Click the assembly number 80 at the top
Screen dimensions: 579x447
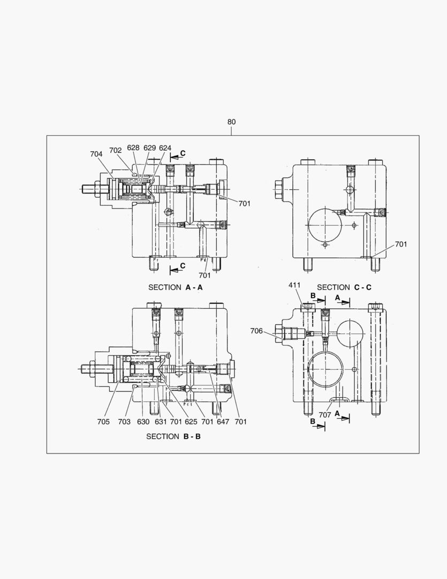pyautogui.click(x=231, y=122)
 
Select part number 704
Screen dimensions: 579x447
pyautogui.click(x=96, y=154)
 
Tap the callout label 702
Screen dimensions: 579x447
pyautogui.click(x=116, y=151)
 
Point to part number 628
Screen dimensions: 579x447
pyautogui.click(x=134, y=148)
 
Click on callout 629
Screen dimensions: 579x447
pyautogui.click(x=150, y=148)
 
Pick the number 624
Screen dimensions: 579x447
pyautogui.click(x=165, y=148)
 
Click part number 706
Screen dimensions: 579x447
pyautogui.click(x=256, y=331)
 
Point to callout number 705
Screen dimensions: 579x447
pyautogui.click(x=103, y=422)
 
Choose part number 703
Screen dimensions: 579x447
pyautogui.click(x=124, y=422)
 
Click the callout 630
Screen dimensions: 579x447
pyautogui.click(x=143, y=422)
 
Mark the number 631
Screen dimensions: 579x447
pyautogui.click(x=160, y=422)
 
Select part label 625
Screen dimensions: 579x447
pyautogui.click(x=192, y=422)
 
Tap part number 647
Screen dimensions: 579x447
pyautogui.click(x=223, y=422)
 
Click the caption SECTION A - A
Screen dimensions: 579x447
pyautogui.click(x=176, y=287)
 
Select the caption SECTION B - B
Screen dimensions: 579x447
pyautogui.click(x=173, y=436)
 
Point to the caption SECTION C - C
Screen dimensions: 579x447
pyautogui.click(x=344, y=287)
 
